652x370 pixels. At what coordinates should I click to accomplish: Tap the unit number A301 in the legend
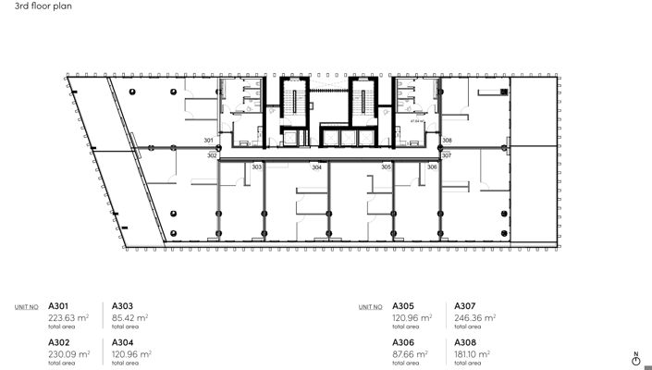click(59, 305)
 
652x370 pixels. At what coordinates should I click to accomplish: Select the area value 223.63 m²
click(69, 316)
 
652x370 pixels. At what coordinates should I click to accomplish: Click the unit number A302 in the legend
click(59, 342)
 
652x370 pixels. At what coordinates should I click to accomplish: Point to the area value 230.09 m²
click(69, 353)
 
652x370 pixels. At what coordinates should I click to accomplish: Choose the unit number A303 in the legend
click(123, 305)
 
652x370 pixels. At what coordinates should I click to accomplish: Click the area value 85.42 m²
click(130, 316)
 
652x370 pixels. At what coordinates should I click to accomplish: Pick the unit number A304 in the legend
click(124, 342)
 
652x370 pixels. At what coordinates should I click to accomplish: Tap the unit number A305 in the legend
click(404, 305)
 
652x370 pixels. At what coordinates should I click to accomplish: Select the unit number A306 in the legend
click(404, 342)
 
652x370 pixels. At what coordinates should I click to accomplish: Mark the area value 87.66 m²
click(411, 353)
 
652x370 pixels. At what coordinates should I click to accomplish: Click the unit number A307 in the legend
click(466, 305)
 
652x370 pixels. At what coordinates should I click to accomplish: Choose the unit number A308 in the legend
click(466, 342)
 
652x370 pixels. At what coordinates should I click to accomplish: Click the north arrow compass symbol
click(635, 359)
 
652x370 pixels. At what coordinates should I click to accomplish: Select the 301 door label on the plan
click(209, 141)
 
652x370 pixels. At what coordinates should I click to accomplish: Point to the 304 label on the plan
click(316, 166)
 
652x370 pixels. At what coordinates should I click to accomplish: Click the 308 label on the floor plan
click(447, 141)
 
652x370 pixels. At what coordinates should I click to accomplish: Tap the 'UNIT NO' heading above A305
click(370, 306)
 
